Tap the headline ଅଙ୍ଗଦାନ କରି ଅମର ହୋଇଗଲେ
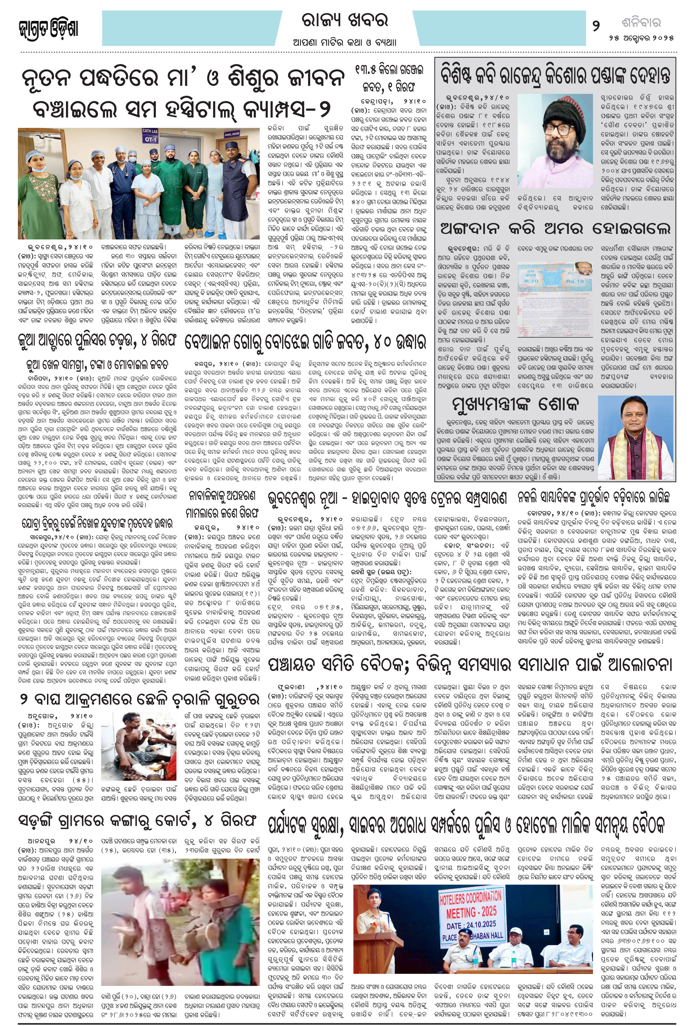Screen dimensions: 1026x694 555,228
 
